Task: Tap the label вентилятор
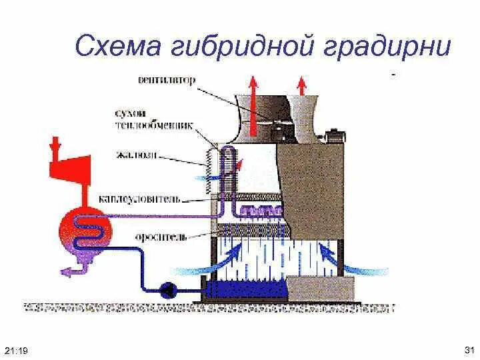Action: pyautogui.click(x=166, y=81)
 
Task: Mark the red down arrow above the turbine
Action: pyautogui.click(x=56, y=143)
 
